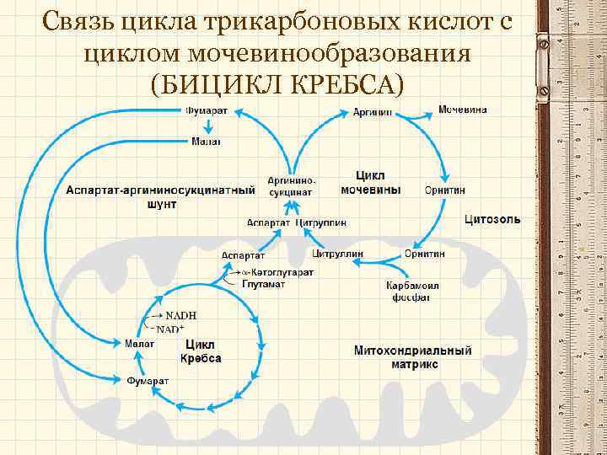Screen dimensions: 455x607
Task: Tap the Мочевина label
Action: tap(461, 110)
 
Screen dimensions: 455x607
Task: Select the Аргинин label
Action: tap(373, 112)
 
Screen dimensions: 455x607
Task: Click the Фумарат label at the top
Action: tap(206, 111)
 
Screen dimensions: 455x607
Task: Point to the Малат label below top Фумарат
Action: tap(206, 142)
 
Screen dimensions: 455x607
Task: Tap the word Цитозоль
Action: tap(492, 220)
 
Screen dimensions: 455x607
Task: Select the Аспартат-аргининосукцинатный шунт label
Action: tap(161, 196)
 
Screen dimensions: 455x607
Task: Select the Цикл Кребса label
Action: tap(201, 351)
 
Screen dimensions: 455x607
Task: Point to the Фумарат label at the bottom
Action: tap(148, 380)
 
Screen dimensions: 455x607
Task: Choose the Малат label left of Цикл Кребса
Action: tap(138, 343)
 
